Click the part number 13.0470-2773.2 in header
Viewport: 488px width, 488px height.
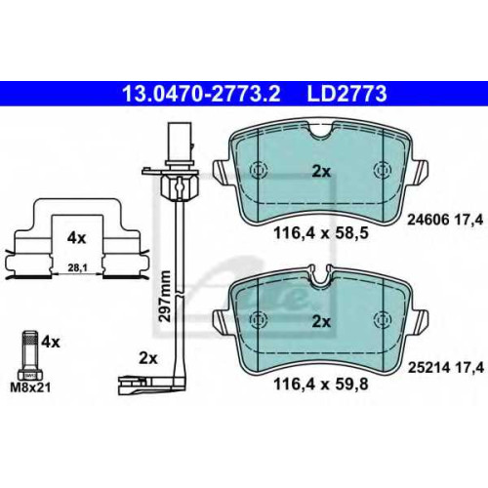pos(201,94)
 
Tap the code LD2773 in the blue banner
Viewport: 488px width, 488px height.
pos(346,94)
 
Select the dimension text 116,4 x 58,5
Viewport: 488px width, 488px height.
pos(321,233)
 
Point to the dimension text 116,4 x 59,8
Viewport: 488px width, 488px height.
pos(321,384)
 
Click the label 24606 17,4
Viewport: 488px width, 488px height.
pos(445,221)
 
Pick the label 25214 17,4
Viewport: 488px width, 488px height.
pos(446,368)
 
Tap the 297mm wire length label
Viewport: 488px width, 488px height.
pos(165,296)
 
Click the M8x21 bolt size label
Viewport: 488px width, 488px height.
pos(31,387)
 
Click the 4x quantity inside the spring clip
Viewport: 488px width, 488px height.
pos(76,238)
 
